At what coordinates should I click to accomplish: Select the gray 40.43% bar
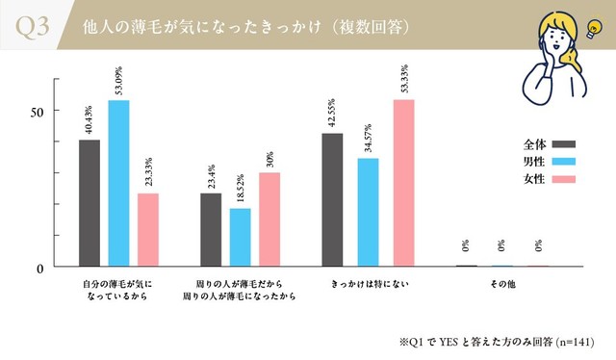coord(90,203)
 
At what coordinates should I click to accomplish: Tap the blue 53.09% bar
coord(118,183)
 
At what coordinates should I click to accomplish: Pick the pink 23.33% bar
coord(147,230)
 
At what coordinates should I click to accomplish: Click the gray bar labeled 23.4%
coord(211,230)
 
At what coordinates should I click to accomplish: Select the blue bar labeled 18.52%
coord(240,238)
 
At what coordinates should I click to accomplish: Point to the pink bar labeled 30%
coord(269,219)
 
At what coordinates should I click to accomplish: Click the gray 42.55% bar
coord(332,199)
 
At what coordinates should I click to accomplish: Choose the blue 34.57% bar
coord(368,212)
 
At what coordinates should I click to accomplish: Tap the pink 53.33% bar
coord(403,183)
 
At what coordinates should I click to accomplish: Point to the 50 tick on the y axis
coord(37,111)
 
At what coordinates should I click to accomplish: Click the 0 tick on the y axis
coord(40,268)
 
